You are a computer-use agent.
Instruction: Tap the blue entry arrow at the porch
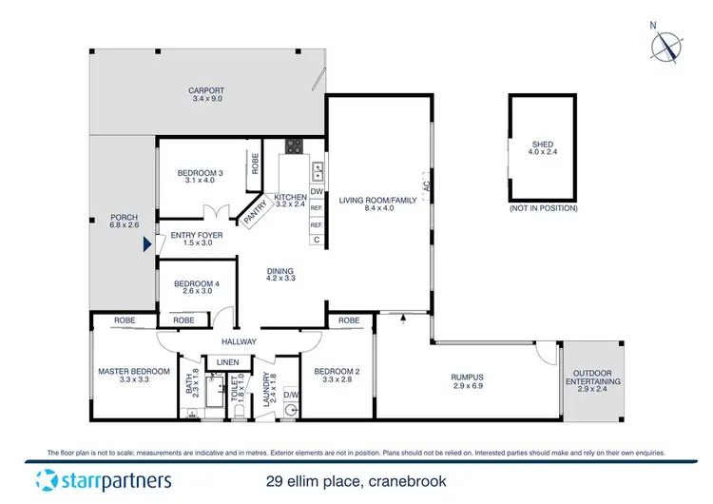[x=145, y=244]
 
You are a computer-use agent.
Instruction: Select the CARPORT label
[x=206, y=91]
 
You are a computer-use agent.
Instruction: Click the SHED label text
[x=542, y=145]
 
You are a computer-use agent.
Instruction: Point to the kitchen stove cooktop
[x=294, y=147]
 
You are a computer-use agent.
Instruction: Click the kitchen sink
[x=318, y=171]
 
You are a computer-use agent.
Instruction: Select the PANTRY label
[x=255, y=214]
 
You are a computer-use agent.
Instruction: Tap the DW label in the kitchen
[x=317, y=192]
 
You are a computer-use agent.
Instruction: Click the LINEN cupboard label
[x=227, y=362]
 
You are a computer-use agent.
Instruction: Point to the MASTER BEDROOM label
[x=134, y=371]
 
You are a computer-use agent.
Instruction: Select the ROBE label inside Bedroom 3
[x=255, y=163]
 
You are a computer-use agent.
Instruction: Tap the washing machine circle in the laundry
[x=291, y=411]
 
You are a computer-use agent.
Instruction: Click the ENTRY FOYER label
[x=196, y=235]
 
